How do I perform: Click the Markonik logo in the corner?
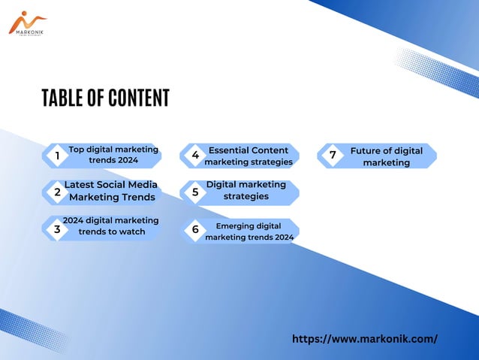(27, 23)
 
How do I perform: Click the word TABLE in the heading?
(63, 98)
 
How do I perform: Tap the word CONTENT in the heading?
(139, 98)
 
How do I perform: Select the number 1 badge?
(57, 156)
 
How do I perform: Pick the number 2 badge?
(57, 192)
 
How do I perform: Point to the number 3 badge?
(57, 230)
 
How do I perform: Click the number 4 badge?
(195, 156)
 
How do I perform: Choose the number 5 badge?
(195, 192)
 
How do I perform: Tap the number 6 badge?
(195, 230)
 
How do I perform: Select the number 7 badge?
(333, 156)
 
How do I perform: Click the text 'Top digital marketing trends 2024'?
(113, 155)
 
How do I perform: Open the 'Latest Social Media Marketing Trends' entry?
(111, 191)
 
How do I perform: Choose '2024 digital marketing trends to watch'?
(111, 225)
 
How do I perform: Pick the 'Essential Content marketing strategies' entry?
(249, 156)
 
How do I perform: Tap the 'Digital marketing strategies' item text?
(246, 190)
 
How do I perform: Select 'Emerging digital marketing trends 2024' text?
(249, 231)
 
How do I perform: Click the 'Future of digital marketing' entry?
(386, 156)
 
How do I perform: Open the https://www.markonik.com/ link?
(364, 339)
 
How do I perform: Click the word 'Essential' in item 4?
(228, 150)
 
